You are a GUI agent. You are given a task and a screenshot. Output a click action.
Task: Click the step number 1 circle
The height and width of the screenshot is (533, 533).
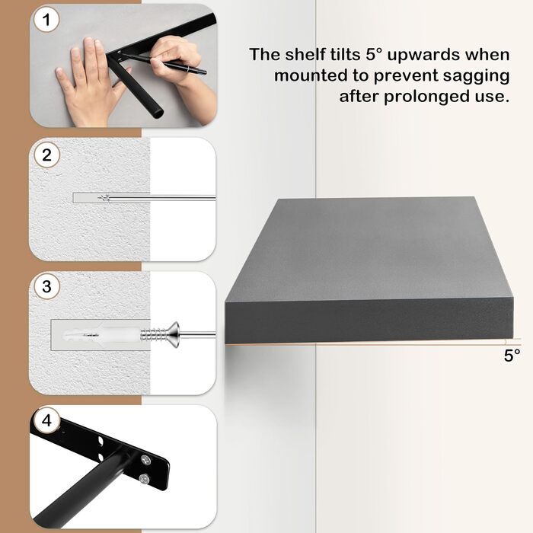(x=46, y=21)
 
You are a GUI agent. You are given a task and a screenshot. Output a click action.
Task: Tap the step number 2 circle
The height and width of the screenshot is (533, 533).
(x=47, y=155)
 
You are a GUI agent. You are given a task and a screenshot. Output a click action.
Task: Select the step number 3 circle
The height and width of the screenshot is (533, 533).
(x=47, y=287)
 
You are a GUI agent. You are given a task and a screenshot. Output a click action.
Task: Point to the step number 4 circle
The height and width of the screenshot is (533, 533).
(x=47, y=420)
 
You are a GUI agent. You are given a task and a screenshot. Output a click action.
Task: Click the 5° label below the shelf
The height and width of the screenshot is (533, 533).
(x=512, y=355)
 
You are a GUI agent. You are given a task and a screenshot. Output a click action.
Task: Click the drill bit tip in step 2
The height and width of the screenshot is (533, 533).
(x=106, y=197)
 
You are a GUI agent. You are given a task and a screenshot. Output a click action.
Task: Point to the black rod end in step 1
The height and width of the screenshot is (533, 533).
(x=155, y=113)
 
